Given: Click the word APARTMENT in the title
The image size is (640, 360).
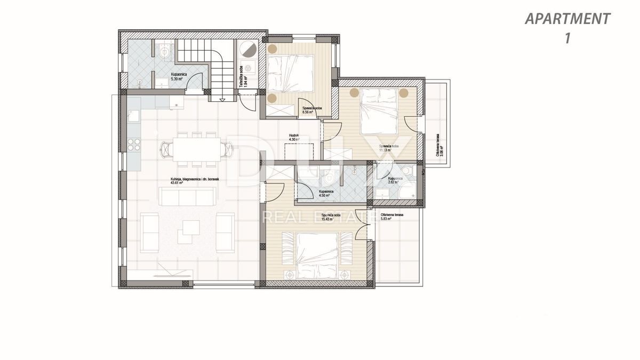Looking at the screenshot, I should click(567, 19).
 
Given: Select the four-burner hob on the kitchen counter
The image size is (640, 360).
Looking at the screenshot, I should click(134, 145).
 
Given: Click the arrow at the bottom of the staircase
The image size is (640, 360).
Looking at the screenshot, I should click(222, 98).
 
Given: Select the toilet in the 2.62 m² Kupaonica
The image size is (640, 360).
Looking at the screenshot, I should click(407, 171).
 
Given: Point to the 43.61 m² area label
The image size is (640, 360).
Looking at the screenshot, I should click(177, 183).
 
